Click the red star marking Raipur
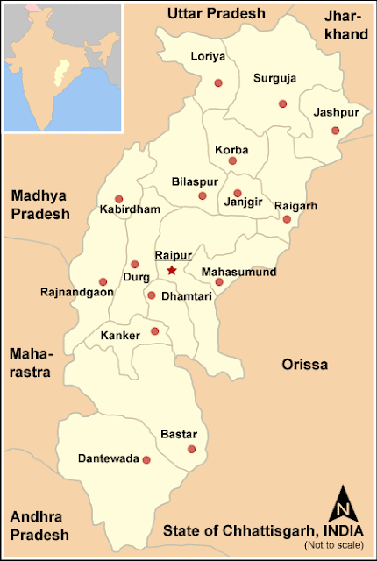click(172, 271)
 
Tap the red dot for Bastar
click(191, 450)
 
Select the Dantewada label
click(108, 458)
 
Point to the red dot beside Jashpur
click(335, 131)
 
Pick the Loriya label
click(208, 58)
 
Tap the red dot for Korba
click(232, 160)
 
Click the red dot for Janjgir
click(237, 194)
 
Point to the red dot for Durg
click(134, 264)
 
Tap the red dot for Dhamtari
click(151, 295)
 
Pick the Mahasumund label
click(238, 272)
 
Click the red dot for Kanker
click(155, 330)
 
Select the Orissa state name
click(304, 364)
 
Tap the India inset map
click(61, 66)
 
